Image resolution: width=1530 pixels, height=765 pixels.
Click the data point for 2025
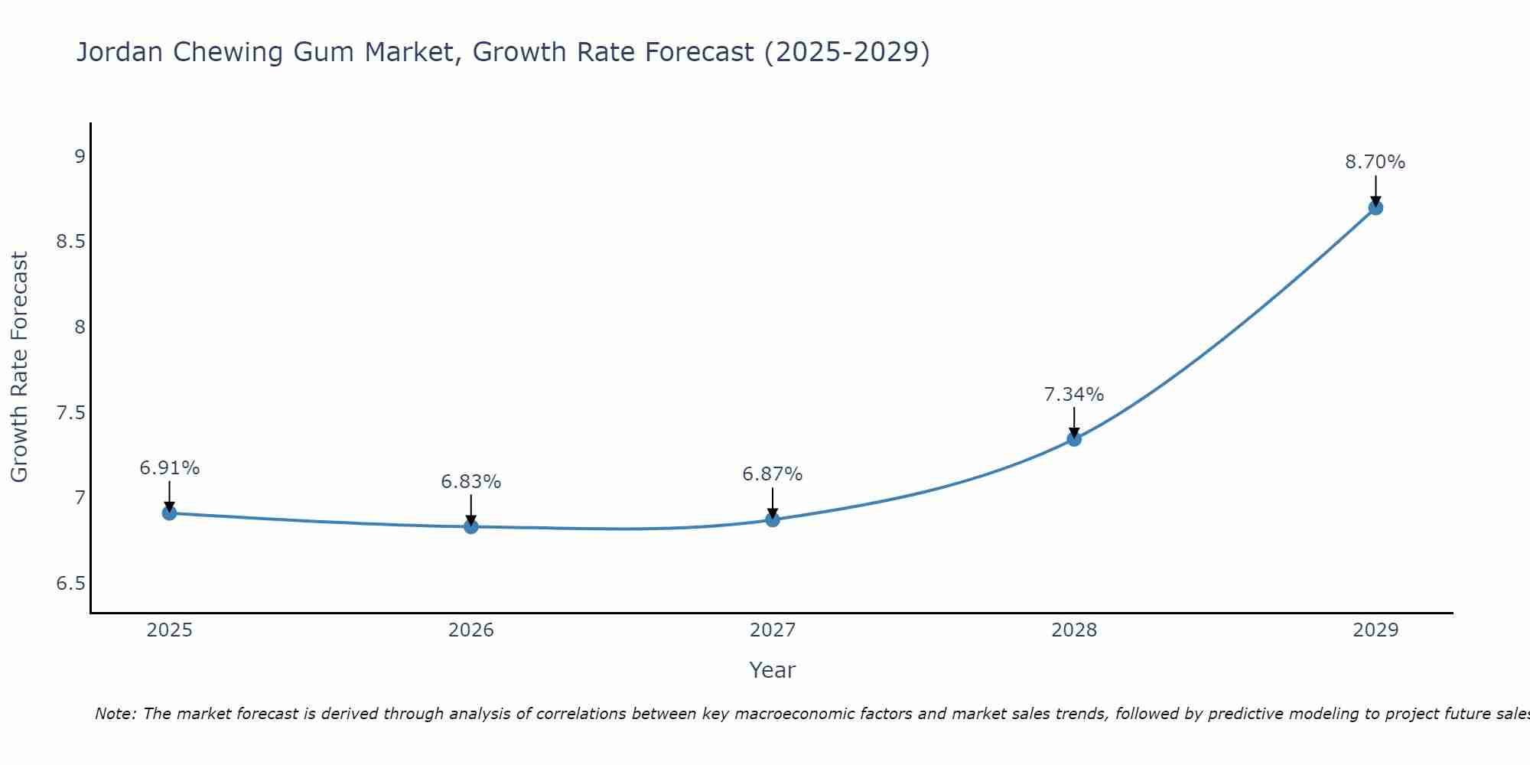point(170,513)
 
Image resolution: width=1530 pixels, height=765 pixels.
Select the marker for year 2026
point(471,526)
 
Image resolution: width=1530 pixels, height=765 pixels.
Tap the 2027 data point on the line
point(773,519)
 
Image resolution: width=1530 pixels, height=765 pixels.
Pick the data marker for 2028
point(1074,439)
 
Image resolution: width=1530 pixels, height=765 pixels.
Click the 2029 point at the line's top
point(1375,207)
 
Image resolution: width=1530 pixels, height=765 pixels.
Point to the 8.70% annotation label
point(1375,162)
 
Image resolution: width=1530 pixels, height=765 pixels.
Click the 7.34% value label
point(1073,395)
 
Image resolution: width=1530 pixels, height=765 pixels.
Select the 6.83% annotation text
point(470,482)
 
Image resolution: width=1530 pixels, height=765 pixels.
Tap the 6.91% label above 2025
point(169,468)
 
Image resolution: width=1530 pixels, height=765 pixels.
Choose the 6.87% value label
point(772,474)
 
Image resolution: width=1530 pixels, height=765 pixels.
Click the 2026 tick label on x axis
point(471,630)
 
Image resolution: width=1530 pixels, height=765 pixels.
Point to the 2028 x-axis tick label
point(1074,630)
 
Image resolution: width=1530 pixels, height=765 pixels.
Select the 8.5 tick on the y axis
point(70,243)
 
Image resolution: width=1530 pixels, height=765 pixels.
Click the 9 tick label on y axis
point(80,157)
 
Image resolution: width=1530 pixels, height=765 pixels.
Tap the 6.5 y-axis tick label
point(70,584)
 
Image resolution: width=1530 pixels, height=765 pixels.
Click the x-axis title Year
point(772,670)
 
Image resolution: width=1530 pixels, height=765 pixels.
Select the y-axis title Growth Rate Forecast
point(19,366)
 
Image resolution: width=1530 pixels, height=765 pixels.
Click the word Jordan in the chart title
point(120,52)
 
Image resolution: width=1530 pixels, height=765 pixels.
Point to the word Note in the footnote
point(115,714)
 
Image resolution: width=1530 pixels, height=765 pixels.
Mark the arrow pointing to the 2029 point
point(1375,190)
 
